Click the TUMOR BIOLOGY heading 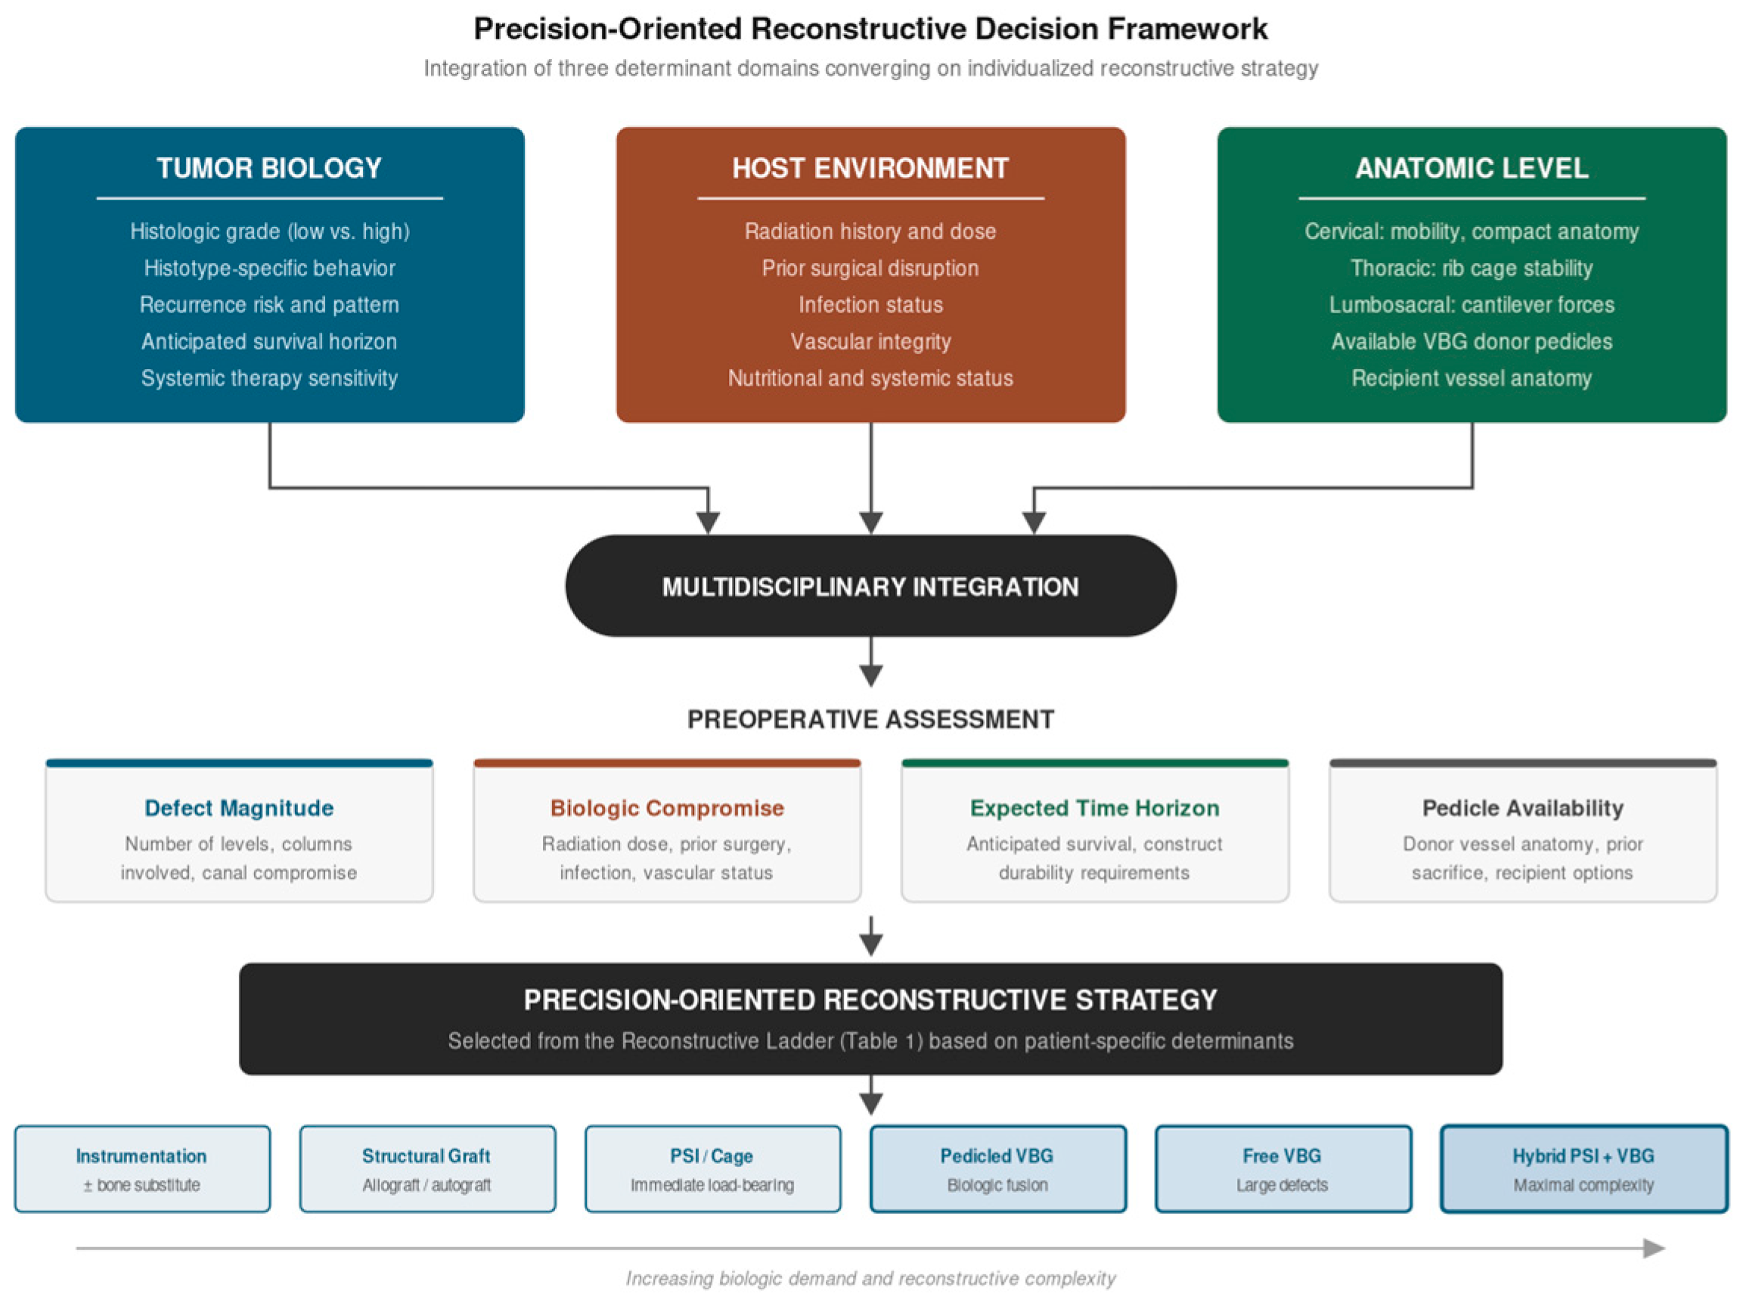pos(269,168)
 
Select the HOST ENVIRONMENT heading pos(870,168)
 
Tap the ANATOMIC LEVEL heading pos(1472,168)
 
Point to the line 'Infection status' pos(870,305)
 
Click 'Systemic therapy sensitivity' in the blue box pos(269,378)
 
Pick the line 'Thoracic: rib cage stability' pos(1472,268)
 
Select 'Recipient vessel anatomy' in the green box pos(1472,378)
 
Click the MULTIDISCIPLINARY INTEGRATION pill pos(870,585)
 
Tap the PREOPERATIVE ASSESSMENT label pos(870,719)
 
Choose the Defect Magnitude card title pos(240,808)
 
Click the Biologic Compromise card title pos(668,808)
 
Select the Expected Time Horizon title pos(1095,808)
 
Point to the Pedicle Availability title pos(1523,808)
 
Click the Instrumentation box pos(143,1169)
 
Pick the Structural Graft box pos(428,1169)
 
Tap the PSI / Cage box pos(713,1169)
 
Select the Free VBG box pos(1283,1169)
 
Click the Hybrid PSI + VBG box pos(1585,1169)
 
